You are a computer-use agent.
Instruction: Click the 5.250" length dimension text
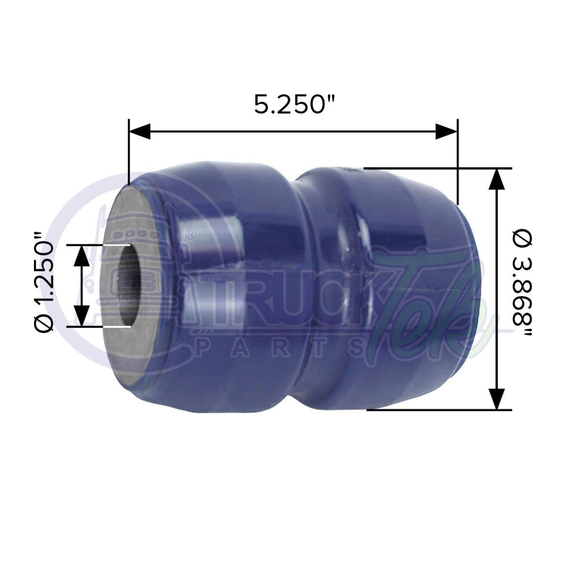(x=294, y=104)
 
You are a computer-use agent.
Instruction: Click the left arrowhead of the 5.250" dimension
(x=140, y=131)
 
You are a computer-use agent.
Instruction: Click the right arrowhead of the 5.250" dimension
(x=446, y=131)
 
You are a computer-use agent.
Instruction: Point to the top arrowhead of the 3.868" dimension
(x=496, y=179)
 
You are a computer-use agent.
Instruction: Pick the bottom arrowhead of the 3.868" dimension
(x=496, y=399)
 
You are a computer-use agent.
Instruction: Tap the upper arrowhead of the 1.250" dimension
(x=81, y=256)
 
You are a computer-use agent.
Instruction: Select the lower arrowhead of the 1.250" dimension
(x=81, y=316)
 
